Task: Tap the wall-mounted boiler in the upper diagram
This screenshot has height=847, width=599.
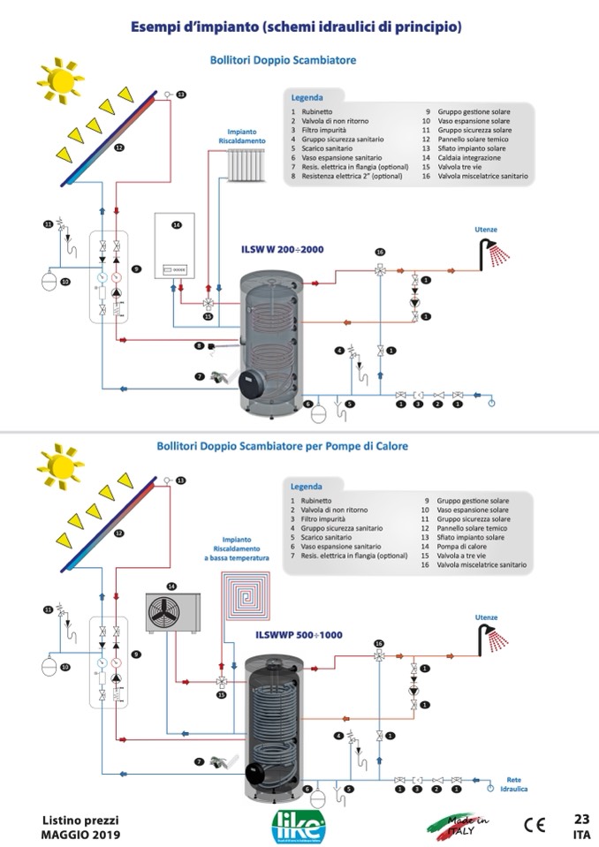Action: click(x=176, y=247)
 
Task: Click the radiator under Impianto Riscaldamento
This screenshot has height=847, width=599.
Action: click(x=246, y=163)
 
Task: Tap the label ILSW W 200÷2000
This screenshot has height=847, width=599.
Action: click(x=283, y=250)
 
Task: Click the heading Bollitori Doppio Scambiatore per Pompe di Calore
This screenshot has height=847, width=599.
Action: click(x=282, y=447)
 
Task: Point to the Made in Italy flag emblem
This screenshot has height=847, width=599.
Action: click(x=459, y=823)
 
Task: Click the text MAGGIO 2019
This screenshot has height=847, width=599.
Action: click(x=80, y=835)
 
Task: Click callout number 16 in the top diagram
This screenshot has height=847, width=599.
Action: click(x=379, y=252)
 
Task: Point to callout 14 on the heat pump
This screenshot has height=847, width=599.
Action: click(x=171, y=586)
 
